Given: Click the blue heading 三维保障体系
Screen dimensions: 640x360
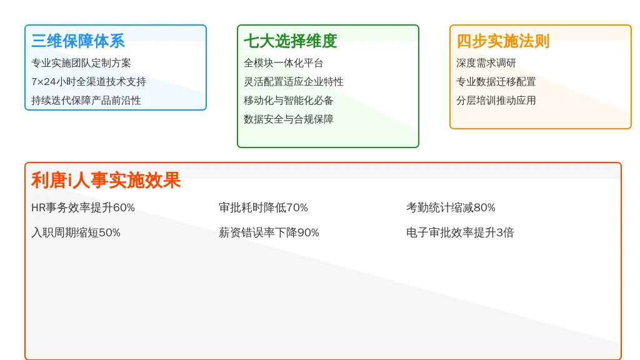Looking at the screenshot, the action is click(x=78, y=41).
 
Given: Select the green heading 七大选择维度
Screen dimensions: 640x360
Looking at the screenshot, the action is click(x=290, y=41).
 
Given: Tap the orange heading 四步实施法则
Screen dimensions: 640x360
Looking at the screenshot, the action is click(x=503, y=41).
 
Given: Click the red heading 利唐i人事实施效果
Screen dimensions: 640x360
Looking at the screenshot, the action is click(x=106, y=180).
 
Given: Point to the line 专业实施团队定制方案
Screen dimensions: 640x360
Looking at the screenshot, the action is click(x=81, y=63).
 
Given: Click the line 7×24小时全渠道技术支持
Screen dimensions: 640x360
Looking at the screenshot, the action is click(x=89, y=82).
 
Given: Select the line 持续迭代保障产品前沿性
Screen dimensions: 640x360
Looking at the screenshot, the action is click(x=86, y=101).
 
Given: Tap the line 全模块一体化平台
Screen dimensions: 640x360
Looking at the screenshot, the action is click(x=283, y=63).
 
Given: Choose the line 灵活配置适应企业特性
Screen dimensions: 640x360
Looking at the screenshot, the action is click(x=294, y=82).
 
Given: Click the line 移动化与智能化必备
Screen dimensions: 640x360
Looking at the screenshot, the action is click(x=289, y=101).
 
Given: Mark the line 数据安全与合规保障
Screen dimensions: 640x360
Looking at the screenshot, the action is click(x=289, y=119).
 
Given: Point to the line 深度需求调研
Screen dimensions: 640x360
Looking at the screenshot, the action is click(x=486, y=63).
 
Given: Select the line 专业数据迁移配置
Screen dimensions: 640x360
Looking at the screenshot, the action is click(x=496, y=82).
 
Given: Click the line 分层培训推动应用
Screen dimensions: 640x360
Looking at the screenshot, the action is click(x=496, y=101).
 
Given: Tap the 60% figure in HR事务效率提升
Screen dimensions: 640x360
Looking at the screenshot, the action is click(x=124, y=207).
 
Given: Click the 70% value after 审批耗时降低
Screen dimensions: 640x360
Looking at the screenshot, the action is click(x=297, y=207).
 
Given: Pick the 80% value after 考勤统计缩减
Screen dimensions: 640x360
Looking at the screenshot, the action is click(x=484, y=207).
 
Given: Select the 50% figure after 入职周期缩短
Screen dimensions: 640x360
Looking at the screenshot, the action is click(x=109, y=232).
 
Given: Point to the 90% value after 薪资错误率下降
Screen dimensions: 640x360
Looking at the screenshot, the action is click(x=308, y=232).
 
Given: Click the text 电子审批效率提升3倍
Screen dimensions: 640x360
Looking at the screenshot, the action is click(x=460, y=232).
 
